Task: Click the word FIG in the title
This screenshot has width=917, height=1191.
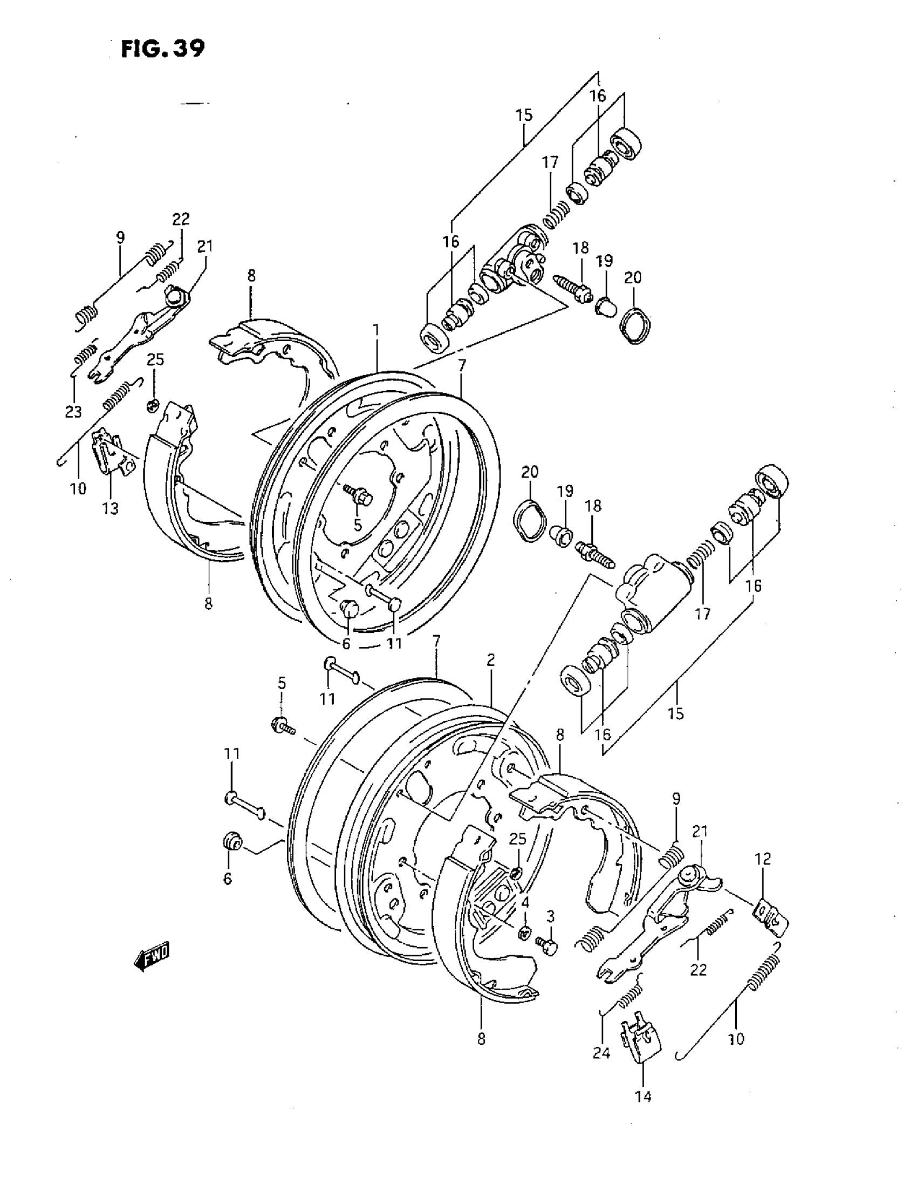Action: click(139, 49)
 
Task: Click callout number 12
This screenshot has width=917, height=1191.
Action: click(763, 859)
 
